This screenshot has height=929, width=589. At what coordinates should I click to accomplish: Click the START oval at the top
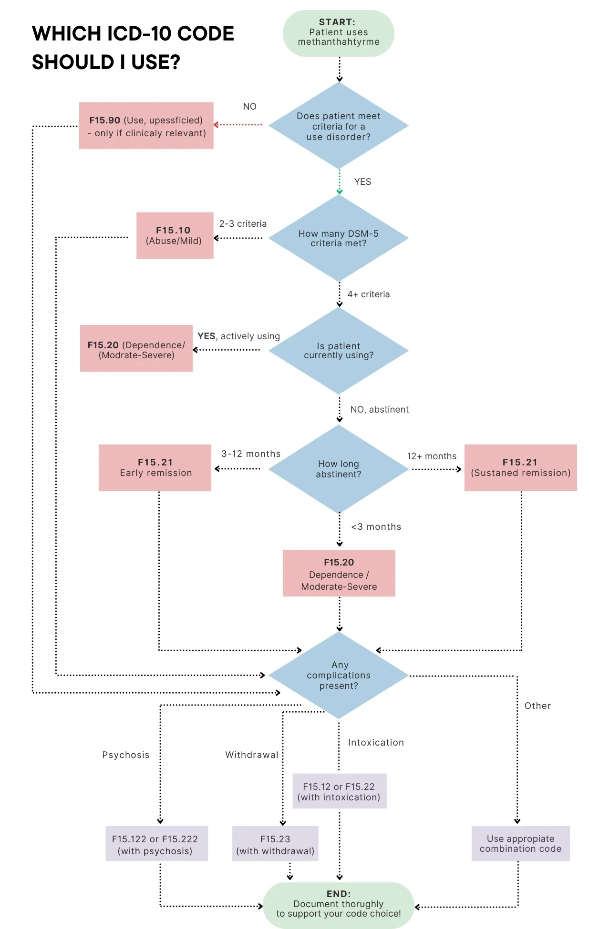click(x=339, y=33)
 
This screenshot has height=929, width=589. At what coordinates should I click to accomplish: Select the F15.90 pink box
click(x=146, y=126)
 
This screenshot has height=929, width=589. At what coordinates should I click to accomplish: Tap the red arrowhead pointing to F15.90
click(x=216, y=125)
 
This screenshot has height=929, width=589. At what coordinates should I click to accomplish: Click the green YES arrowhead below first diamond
click(x=340, y=192)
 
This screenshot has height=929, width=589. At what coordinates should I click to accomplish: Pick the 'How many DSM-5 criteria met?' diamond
click(x=339, y=238)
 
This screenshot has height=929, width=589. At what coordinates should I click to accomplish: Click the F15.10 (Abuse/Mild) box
click(x=175, y=235)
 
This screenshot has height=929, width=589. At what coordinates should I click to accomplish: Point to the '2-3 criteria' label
click(x=243, y=224)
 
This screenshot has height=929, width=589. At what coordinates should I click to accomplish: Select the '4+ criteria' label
click(x=368, y=294)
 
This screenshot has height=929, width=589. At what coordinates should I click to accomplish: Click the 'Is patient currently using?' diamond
click(x=339, y=351)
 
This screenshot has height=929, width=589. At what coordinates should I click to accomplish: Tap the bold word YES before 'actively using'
click(x=206, y=336)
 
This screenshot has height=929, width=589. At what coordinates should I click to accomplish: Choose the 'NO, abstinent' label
click(x=379, y=410)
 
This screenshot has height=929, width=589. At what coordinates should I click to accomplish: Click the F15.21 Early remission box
click(x=155, y=468)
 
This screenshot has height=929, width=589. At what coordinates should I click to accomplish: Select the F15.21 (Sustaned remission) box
click(x=520, y=468)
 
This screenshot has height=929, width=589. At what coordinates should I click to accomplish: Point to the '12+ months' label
click(x=431, y=456)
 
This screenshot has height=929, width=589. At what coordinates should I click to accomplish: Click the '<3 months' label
click(x=376, y=527)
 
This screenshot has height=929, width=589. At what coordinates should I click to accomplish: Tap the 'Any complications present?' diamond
click(x=339, y=675)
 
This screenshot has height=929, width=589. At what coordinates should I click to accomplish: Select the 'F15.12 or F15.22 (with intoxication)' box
click(x=339, y=791)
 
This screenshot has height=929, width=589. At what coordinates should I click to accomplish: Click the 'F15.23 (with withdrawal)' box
click(x=275, y=844)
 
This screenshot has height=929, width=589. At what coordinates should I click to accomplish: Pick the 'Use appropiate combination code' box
click(x=520, y=844)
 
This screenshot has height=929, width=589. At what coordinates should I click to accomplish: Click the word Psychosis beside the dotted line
click(x=125, y=755)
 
